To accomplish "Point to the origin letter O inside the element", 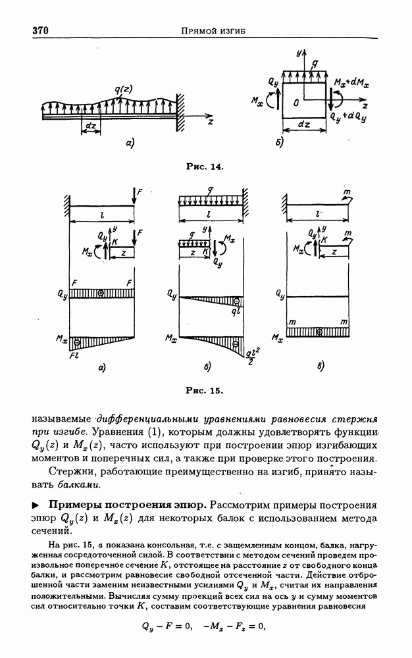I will click(297, 102).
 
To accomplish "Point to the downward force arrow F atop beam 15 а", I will click(134, 194).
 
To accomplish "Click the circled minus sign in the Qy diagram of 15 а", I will click(101, 291).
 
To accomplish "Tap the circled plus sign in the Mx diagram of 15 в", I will click(319, 332).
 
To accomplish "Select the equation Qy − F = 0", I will click(166, 626).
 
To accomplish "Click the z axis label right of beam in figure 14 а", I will click(209, 122).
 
